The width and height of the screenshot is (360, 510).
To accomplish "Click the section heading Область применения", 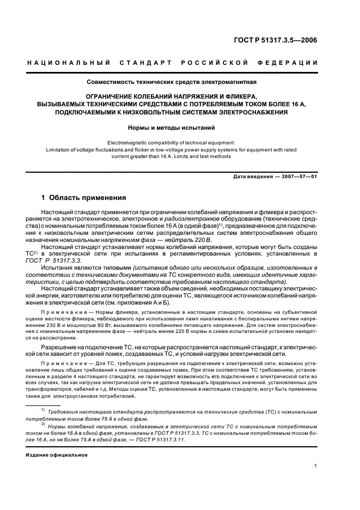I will pyautogui.click(x=87, y=197).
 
